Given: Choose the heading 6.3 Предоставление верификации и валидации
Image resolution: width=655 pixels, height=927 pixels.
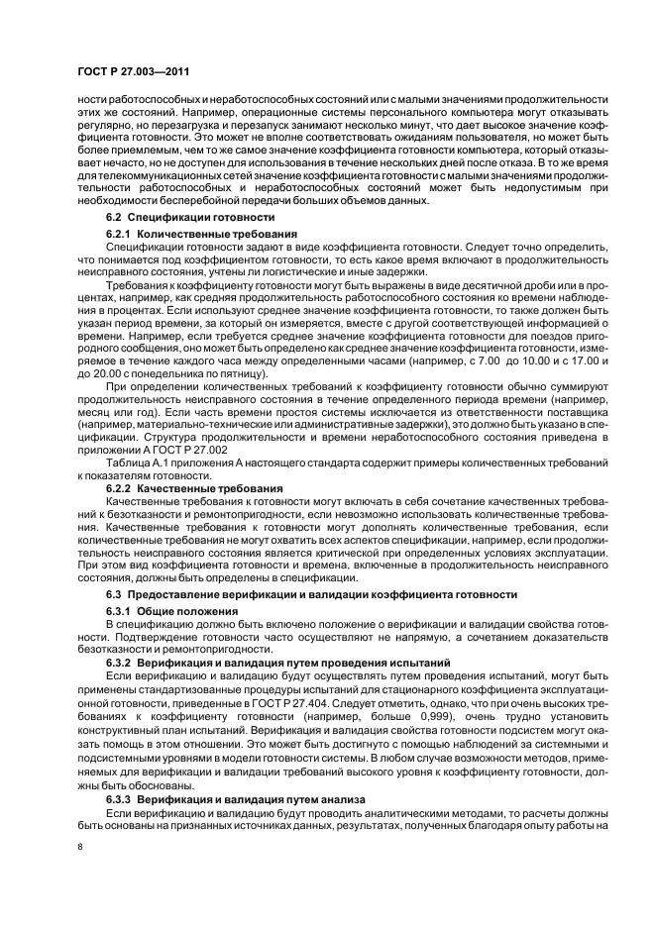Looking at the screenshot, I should click(x=311, y=594).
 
